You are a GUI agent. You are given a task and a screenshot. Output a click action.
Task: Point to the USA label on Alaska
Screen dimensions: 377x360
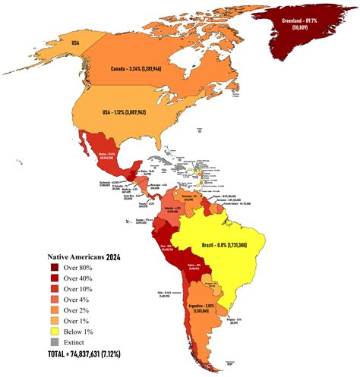click(76, 42)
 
